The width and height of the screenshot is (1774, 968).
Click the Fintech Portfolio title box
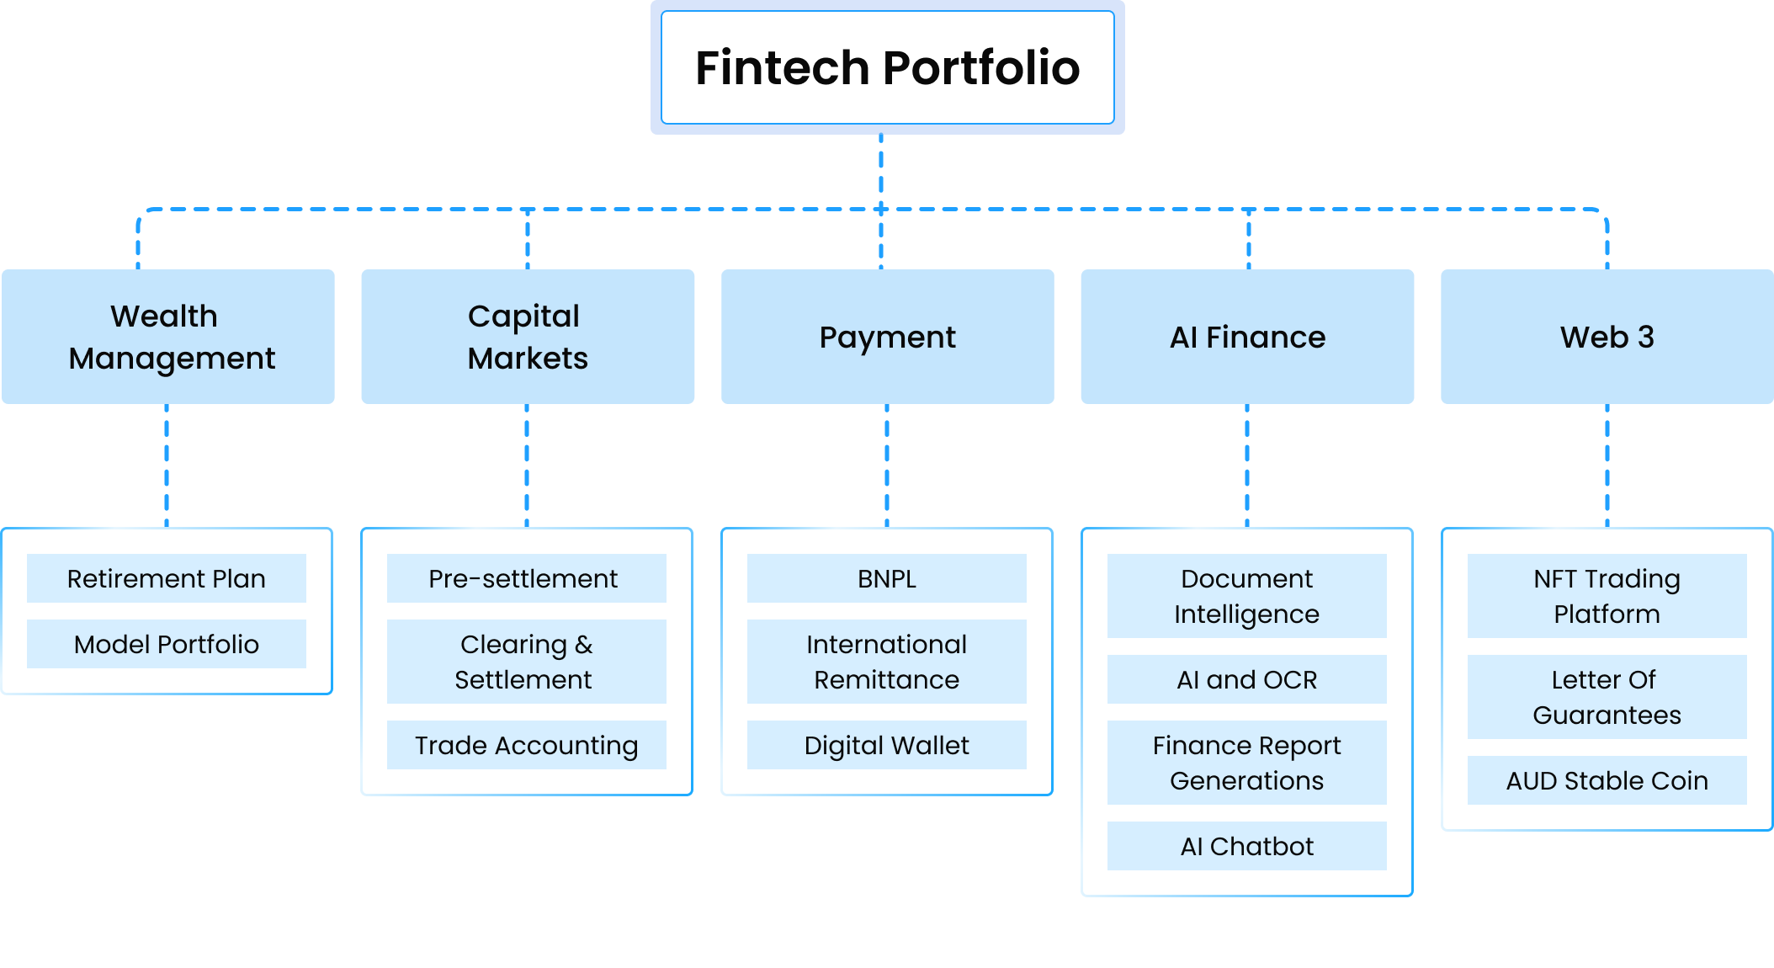point(887,67)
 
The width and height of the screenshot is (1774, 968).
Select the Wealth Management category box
point(168,337)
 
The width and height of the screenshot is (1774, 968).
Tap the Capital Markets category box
point(528,337)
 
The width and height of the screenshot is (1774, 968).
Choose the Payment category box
point(887,337)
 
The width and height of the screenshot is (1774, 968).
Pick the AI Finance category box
point(1247,337)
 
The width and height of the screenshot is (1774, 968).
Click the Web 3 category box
point(1607,337)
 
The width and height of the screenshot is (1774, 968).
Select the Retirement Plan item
point(167,578)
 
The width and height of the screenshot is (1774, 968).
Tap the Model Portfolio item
point(167,644)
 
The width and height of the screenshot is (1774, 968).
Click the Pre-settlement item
point(526,578)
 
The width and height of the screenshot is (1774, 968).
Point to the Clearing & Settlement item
point(526,662)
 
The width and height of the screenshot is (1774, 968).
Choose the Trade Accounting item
point(526,745)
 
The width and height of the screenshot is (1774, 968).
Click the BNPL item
point(886,578)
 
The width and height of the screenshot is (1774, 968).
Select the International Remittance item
point(886,662)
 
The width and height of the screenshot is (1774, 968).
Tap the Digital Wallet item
point(886,745)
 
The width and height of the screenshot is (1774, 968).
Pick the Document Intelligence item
point(1246,596)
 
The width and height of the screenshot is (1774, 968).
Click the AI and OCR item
point(1246,679)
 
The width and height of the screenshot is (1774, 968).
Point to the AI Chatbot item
point(1246,846)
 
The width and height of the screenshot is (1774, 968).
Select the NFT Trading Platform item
point(1607,596)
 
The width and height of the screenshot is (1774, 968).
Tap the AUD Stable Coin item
point(1607,780)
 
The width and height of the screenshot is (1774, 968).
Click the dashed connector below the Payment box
point(887,465)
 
